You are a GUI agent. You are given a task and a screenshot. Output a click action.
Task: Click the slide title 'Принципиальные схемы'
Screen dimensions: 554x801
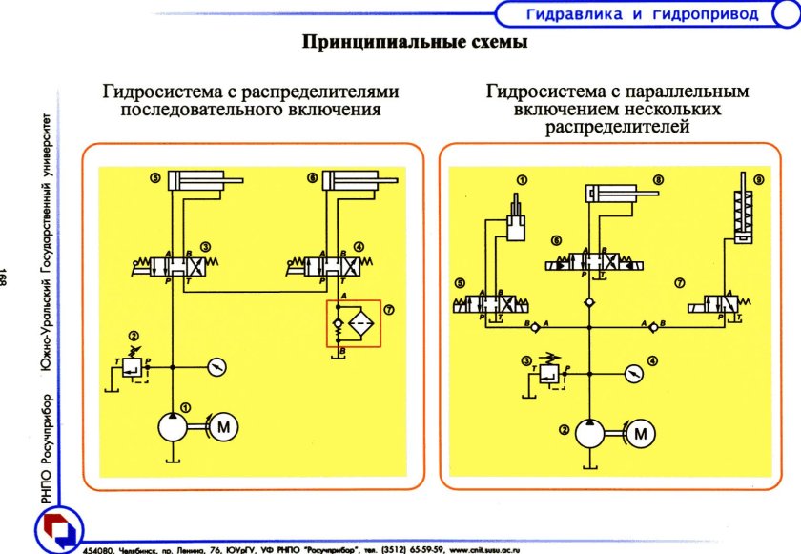(415, 43)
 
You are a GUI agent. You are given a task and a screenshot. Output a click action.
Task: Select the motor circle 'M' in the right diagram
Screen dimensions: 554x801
(641, 435)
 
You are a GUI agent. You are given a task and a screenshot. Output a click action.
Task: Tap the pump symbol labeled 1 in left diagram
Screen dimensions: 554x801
(173, 428)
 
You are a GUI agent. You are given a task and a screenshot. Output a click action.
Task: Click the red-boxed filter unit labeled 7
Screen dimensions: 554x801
(353, 323)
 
